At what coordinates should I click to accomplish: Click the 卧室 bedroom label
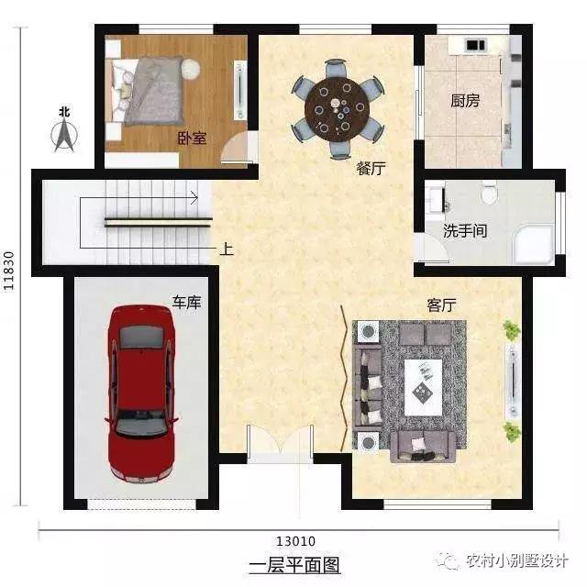192,138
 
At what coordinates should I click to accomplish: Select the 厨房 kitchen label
465,101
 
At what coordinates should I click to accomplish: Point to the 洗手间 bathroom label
465,231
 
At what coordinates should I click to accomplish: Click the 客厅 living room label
442,304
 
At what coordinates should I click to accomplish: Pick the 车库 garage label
187,301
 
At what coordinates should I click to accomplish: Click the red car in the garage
141,393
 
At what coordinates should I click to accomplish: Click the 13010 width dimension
295,540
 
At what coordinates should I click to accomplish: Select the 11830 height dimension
11,271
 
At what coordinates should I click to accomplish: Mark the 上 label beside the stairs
227,248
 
